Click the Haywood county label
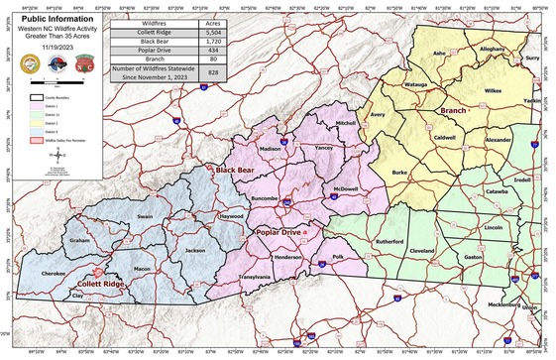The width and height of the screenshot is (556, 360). click(x=230, y=215)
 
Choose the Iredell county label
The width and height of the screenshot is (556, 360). click(x=522, y=180)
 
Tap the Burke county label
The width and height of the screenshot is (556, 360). click(x=399, y=173)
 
